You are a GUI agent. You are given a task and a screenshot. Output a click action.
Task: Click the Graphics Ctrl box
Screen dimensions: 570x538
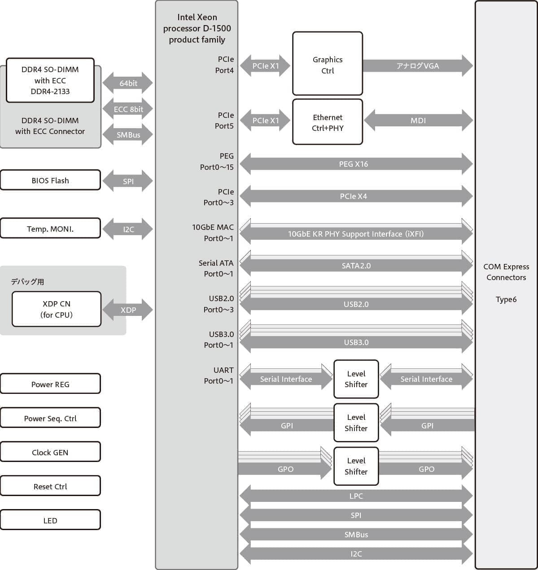[x=328, y=64]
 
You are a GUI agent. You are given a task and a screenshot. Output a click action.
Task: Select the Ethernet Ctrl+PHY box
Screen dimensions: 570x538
[x=328, y=122]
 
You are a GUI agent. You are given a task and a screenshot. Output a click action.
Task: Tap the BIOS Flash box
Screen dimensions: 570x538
[x=50, y=180]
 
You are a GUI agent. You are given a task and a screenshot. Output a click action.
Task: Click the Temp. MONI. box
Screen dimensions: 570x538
[x=50, y=229]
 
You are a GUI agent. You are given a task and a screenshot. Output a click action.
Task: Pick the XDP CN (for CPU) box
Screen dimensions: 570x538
[x=57, y=309]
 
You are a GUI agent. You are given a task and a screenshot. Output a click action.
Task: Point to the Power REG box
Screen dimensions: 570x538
[x=50, y=384]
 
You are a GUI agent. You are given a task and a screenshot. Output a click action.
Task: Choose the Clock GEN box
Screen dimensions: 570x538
[x=50, y=452]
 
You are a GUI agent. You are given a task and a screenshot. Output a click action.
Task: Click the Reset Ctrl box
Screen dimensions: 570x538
[x=50, y=486]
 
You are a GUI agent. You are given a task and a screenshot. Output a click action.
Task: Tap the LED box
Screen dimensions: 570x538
[x=50, y=520]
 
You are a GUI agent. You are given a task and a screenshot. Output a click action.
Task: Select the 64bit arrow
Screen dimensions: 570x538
[x=128, y=83]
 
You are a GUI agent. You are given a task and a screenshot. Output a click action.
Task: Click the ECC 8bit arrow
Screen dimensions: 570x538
[x=128, y=109]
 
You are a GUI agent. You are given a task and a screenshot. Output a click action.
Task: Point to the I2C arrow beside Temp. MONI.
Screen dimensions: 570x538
[x=128, y=229]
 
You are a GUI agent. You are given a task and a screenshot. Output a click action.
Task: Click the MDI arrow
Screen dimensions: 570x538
[x=418, y=121]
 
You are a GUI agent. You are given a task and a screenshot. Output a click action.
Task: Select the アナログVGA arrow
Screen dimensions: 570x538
[x=418, y=66]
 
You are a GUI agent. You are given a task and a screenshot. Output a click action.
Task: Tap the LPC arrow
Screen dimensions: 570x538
[x=356, y=496]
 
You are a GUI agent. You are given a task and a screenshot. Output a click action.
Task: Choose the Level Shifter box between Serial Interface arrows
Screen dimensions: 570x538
[x=356, y=379]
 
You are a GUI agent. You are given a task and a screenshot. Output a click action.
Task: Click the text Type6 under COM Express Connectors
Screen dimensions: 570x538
[x=506, y=299]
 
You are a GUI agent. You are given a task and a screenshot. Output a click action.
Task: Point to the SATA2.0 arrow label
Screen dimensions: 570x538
[x=356, y=266]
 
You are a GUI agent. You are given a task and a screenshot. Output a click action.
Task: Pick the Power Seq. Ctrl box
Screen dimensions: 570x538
[x=50, y=418]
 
